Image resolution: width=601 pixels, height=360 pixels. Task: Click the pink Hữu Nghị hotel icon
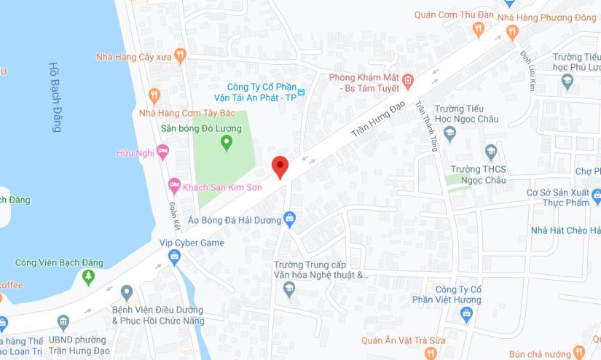pyautogui.click(x=162, y=153)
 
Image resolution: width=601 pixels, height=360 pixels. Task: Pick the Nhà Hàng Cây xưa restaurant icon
pyautogui.click(x=181, y=56)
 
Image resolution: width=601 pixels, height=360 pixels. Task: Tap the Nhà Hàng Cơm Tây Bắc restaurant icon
pyautogui.click(x=154, y=95)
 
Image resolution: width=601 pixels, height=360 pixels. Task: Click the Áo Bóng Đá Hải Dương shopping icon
pyautogui.click(x=289, y=218)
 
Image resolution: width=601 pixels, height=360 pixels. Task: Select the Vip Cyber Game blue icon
pyautogui.click(x=174, y=257)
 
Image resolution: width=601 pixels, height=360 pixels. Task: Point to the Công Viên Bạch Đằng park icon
pyautogui.click(x=89, y=277)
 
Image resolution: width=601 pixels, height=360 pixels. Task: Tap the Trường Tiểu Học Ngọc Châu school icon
pyautogui.click(x=449, y=133)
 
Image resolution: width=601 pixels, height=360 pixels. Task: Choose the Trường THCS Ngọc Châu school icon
pyautogui.click(x=491, y=152)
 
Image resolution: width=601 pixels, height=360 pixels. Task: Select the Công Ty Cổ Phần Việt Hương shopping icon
pyautogui.click(x=467, y=314)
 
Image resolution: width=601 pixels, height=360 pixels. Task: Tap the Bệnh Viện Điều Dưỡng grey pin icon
pyautogui.click(x=127, y=293)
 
